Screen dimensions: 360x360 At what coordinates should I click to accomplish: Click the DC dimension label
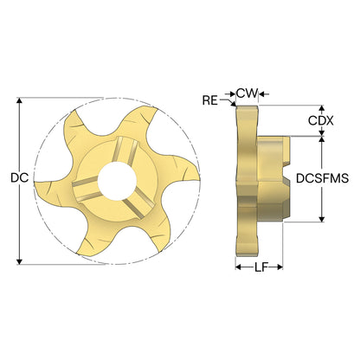(20, 177)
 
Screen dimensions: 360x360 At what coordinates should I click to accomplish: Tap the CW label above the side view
(247, 93)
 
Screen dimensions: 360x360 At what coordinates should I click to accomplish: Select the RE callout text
(210, 100)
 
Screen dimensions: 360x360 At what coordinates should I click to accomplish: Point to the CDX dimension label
(321, 120)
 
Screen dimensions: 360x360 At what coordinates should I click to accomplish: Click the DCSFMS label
(323, 178)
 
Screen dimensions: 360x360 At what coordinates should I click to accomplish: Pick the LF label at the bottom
(261, 267)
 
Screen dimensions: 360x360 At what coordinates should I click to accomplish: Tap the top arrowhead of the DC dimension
(19, 100)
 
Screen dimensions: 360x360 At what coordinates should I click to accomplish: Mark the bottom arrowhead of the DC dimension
(19, 261)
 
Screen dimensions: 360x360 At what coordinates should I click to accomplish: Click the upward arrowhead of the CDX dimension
(322, 108)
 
